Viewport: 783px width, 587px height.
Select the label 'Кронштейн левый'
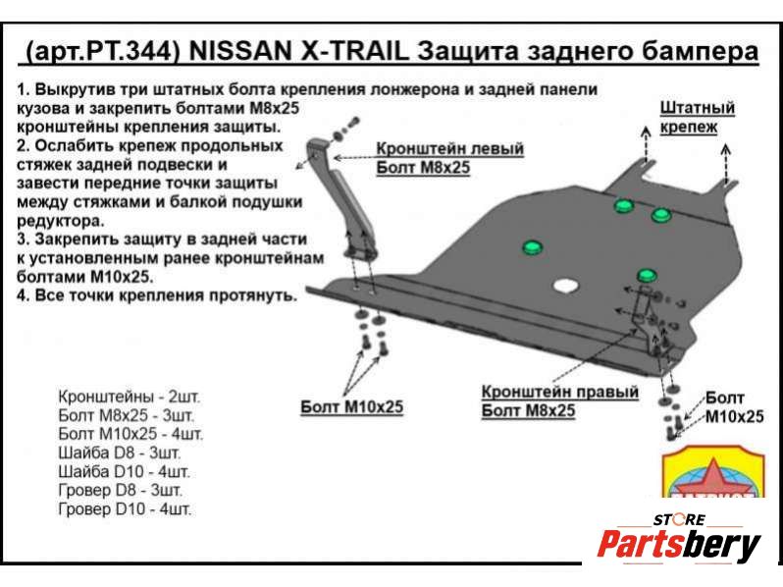tap(450, 148)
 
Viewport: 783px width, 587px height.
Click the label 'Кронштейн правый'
tap(560, 392)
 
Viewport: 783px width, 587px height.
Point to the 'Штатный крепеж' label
tap(697, 117)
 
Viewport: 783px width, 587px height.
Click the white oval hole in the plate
tap(566, 286)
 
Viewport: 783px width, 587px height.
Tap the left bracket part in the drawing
tap(339, 199)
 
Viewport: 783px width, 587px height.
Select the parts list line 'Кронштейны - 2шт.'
tap(129, 397)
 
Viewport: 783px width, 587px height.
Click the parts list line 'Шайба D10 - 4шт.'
tap(124, 471)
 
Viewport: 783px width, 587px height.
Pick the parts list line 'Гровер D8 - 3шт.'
tap(121, 490)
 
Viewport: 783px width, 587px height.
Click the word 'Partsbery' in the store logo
tap(679, 545)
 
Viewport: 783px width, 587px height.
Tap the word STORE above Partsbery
tap(679, 519)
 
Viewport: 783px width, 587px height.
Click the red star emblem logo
tap(713, 472)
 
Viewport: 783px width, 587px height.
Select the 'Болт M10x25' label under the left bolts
tap(351, 406)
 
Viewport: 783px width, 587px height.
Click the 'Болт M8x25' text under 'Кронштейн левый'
tap(423, 167)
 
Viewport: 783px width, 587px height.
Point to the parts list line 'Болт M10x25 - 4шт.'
tap(130, 434)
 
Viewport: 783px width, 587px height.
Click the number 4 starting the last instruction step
tap(22, 295)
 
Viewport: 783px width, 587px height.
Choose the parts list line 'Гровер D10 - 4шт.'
tap(125, 509)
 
